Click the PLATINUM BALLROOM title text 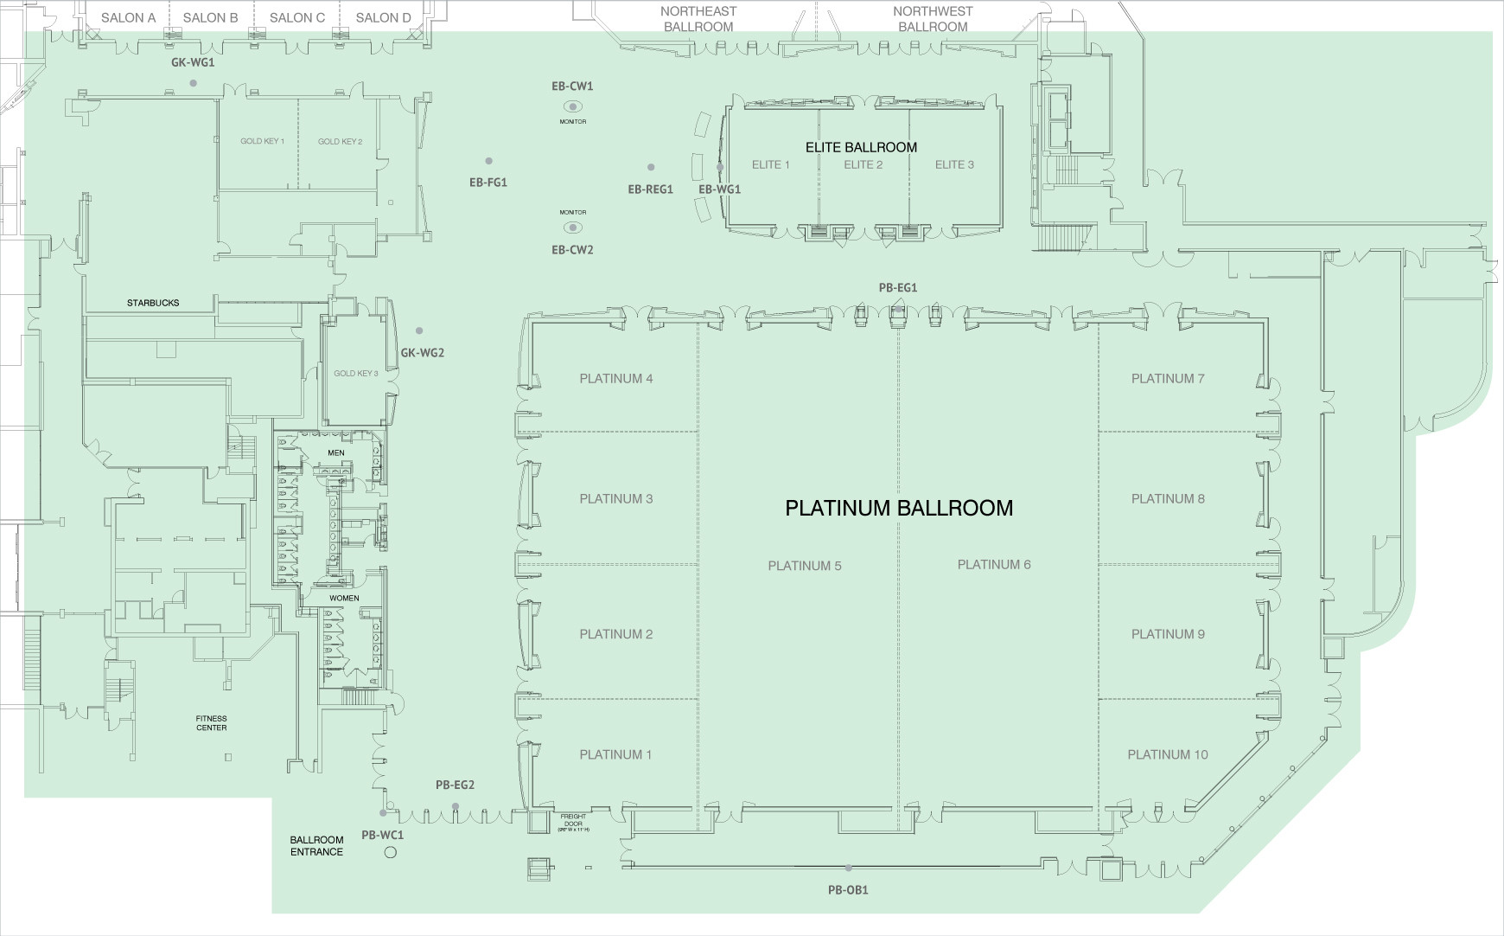pos(899,508)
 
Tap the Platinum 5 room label pos(804,566)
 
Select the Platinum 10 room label pos(1167,754)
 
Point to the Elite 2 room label pos(863,164)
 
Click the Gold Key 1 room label pos(262,141)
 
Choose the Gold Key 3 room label pos(356,374)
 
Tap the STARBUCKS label pos(153,303)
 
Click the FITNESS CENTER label pos(211,723)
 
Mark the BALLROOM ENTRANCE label pos(316,845)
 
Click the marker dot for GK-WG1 pos(193,83)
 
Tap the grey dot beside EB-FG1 pos(488,161)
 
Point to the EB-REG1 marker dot pos(651,167)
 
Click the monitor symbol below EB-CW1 pos(572,106)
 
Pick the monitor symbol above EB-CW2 pos(572,228)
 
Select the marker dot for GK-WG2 pos(419,330)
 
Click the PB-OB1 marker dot pos(848,868)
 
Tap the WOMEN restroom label pos(343,598)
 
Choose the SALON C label pos(296,17)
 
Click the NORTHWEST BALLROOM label pos(933,19)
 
